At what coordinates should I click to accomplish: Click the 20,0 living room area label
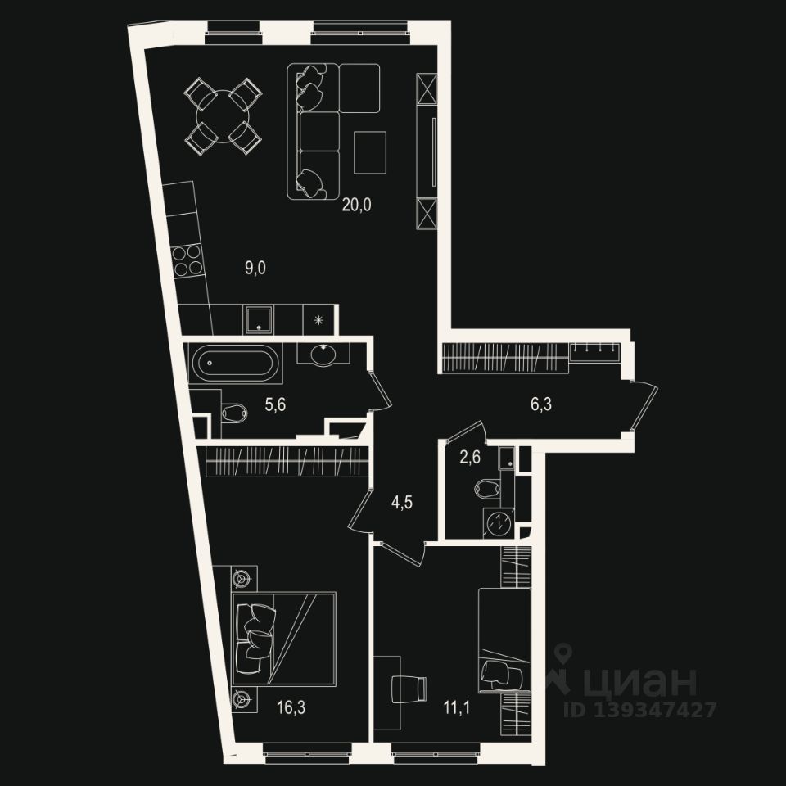[356, 206]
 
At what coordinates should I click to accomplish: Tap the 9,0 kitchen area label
[256, 266]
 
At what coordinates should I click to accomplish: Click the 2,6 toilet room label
[470, 458]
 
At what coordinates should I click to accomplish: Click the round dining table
[221, 115]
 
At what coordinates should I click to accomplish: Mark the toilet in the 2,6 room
[487, 489]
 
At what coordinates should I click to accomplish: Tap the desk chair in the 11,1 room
[409, 687]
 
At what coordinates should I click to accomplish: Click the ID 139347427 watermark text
[640, 710]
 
